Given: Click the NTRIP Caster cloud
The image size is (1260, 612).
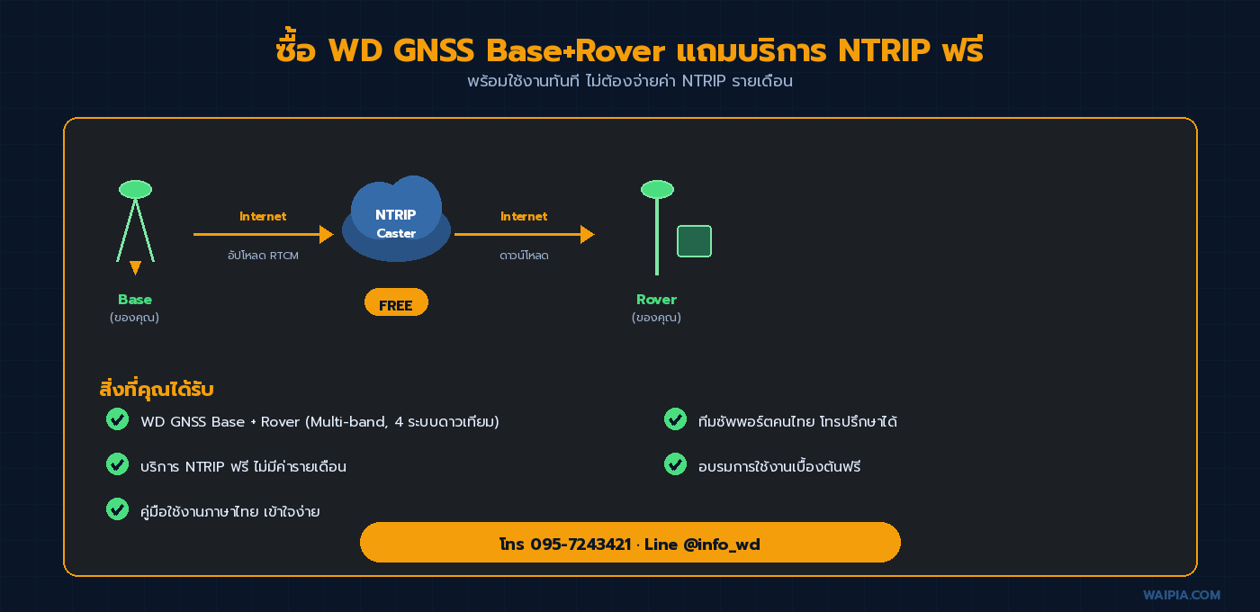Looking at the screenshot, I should click(396, 220).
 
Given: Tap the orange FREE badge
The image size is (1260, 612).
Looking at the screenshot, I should click(396, 303).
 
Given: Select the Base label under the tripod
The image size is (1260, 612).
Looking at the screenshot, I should click(135, 300).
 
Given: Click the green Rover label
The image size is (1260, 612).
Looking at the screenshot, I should click(656, 300).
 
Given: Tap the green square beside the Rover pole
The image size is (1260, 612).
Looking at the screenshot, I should click(694, 241).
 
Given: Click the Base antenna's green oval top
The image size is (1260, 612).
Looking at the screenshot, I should click(135, 189).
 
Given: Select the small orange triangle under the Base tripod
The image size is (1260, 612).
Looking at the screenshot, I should click(135, 267).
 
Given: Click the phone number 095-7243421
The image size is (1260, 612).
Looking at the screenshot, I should click(580, 544).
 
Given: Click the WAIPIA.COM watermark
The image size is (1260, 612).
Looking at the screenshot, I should click(1182, 595).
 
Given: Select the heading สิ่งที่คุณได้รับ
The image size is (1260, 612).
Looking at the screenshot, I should click(156, 390).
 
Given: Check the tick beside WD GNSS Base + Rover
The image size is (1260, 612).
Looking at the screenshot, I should click(117, 419).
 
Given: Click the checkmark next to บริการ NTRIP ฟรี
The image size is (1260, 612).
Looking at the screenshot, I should click(117, 464).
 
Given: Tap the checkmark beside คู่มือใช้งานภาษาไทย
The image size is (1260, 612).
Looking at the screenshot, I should click(117, 509).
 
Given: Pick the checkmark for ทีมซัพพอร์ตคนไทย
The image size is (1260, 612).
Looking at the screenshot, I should click(675, 419).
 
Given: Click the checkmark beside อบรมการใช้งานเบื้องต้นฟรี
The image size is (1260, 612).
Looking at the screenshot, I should click(675, 464).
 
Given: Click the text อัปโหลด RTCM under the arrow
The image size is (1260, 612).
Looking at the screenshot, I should click(263, 256).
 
